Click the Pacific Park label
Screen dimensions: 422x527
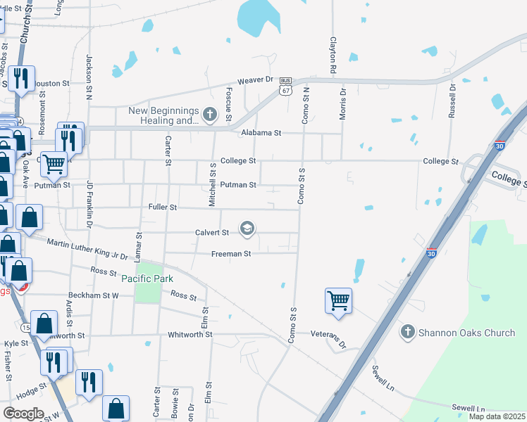click(147, 279)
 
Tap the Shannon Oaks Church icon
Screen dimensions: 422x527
click(407, 332)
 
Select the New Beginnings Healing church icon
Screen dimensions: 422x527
click(209, 114)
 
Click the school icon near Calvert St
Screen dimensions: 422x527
click(247, 229)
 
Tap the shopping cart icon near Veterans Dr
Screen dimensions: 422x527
click(338, 300)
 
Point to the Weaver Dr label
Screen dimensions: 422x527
click(254, 80)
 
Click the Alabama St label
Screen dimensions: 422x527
click(261, 132)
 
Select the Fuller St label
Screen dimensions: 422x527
click(162, 208)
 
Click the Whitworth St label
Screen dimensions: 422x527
click(190, 335)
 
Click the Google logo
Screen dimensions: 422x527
click(23, 414)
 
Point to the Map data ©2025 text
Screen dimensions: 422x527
click(497, 416)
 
